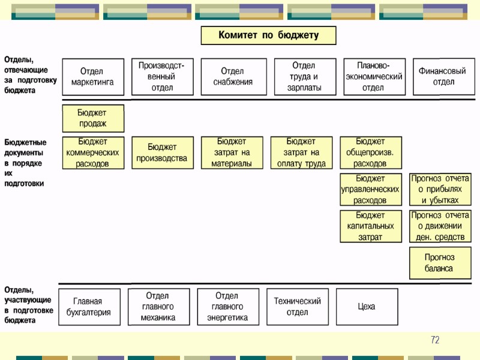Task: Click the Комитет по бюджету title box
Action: [268, 35]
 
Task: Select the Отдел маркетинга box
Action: [93, 76]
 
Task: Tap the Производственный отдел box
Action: [162, 76]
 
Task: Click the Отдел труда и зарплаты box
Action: [304, 76]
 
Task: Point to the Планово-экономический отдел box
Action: [374, 76]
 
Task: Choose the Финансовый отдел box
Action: [443, 76]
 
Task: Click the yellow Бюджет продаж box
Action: [93, 118]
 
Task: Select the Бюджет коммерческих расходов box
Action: [93, 152]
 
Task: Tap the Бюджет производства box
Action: [163, 152]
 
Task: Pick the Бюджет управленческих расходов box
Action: [370, 189]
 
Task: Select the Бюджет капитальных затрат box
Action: [370, 226]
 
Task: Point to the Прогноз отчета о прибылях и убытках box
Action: [440, 189]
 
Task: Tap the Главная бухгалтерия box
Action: [89, 307]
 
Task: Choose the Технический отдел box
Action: [298, 307]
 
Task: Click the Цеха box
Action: [366, 307]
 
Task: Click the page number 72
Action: [435, 341]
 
